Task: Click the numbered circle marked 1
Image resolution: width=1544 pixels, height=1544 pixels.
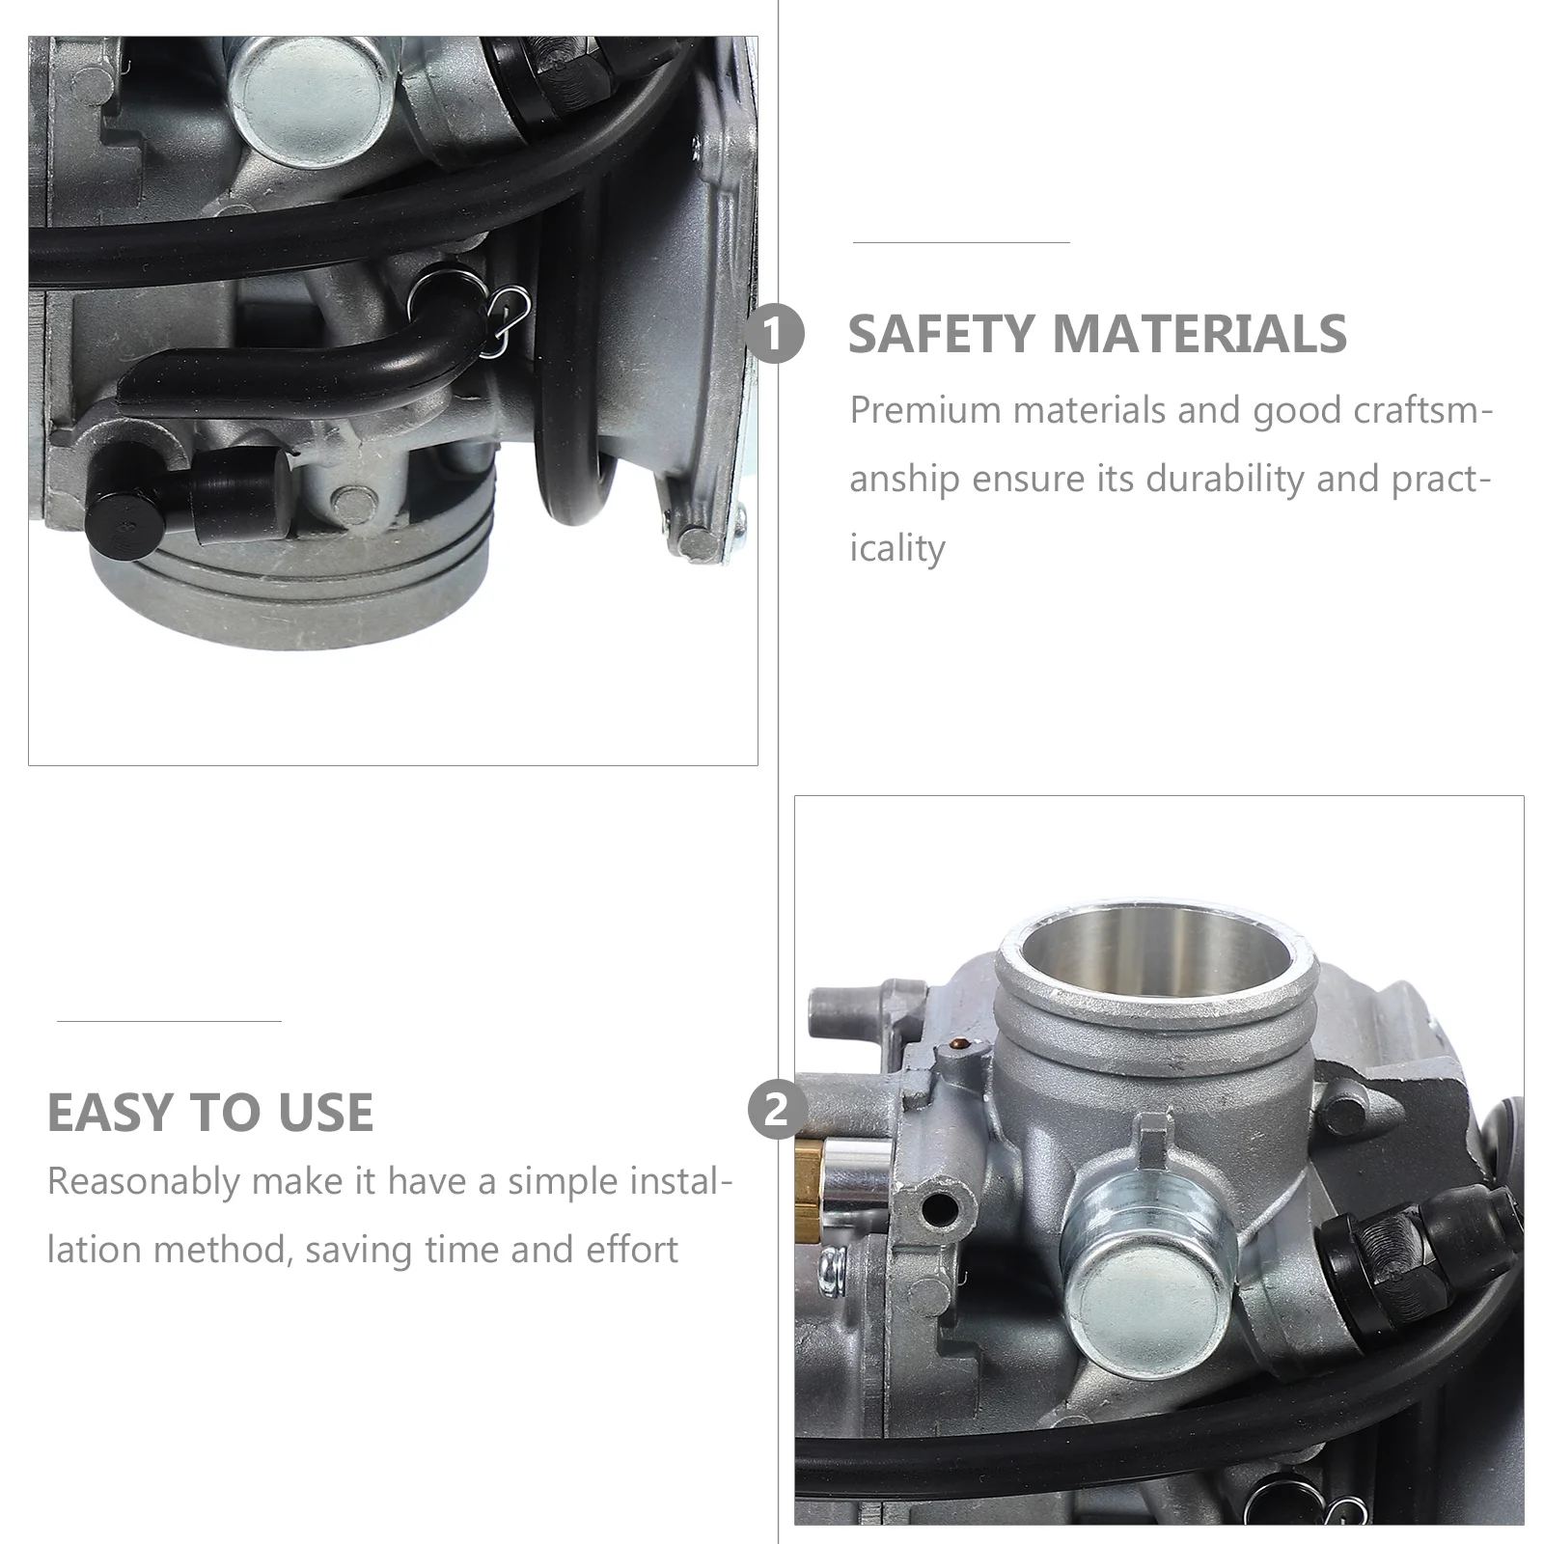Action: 775,334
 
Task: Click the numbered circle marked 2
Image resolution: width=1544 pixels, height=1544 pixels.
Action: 777,1110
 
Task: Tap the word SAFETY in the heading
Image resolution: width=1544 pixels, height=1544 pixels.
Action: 941,334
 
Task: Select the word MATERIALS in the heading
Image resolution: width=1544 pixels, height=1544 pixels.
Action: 1199,334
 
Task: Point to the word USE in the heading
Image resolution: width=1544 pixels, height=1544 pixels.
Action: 325,1112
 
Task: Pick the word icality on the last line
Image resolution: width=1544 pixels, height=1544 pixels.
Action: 896,548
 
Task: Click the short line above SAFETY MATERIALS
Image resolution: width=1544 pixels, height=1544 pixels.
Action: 961,242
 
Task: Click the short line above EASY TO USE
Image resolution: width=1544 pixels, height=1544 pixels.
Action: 169,1020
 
